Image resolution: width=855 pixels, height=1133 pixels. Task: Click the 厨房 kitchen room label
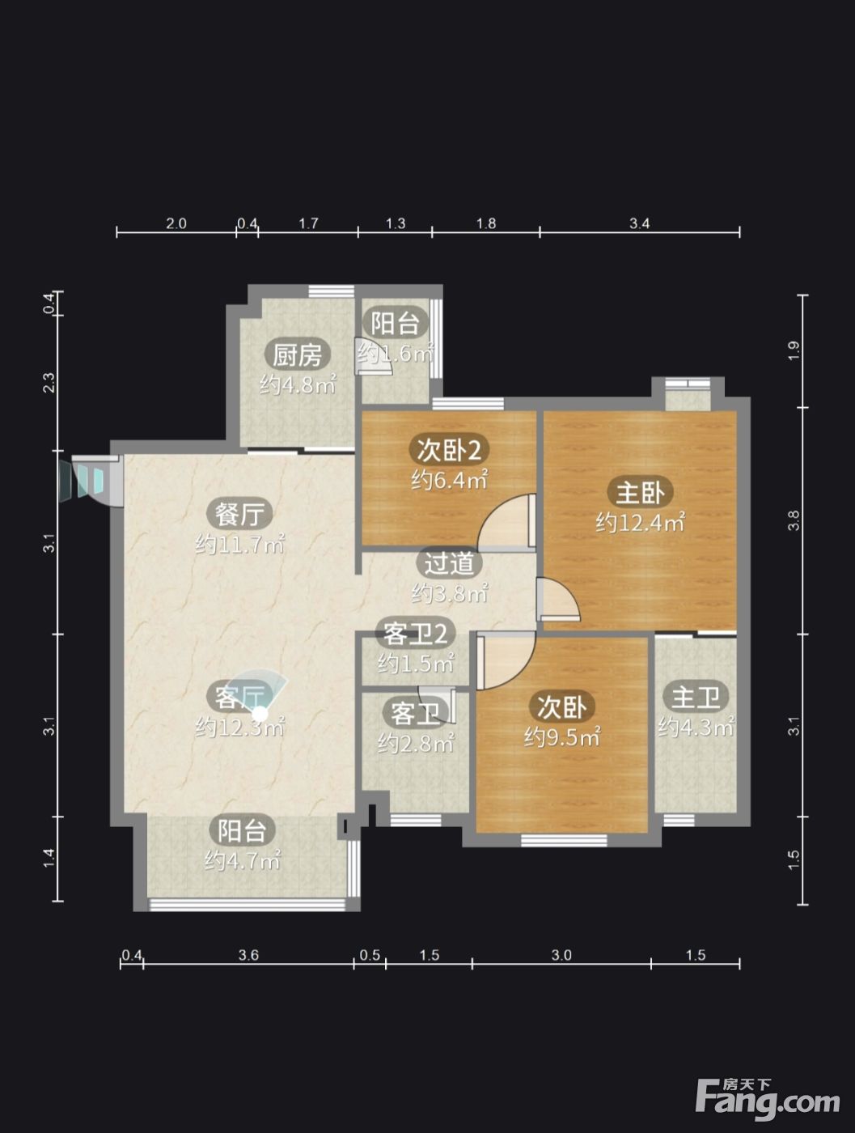(x=297, y=355)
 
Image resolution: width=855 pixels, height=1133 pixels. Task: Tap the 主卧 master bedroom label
(x=640, y=492)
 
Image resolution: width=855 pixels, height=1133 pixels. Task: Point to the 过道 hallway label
(x=449, y=563)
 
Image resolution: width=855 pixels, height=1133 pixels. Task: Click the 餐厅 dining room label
(x=239, y=514)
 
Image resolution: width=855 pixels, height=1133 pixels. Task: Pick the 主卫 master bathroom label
(x=695, y=697)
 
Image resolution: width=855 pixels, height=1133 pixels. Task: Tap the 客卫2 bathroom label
(x=415, y=634)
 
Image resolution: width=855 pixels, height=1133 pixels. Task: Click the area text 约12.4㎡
(x=640, y=523)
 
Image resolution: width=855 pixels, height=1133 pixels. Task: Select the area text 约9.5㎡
(x=562, y=737)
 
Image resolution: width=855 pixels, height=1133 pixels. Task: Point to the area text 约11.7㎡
(x=239, y=544)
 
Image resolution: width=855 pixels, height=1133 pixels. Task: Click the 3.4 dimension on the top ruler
(x=639, y=223)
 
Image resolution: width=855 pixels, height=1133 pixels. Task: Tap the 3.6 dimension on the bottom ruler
(x=248, y=955)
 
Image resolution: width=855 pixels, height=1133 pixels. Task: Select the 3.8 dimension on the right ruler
(x=794, y=520)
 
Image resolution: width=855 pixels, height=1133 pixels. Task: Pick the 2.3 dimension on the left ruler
(x=49, y=383)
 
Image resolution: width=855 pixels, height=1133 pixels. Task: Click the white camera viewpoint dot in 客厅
(x=260, y=714)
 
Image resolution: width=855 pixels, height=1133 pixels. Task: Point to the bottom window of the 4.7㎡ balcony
(x=247, y=904)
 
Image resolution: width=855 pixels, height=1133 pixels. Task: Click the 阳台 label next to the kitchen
(x=395, y=323)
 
